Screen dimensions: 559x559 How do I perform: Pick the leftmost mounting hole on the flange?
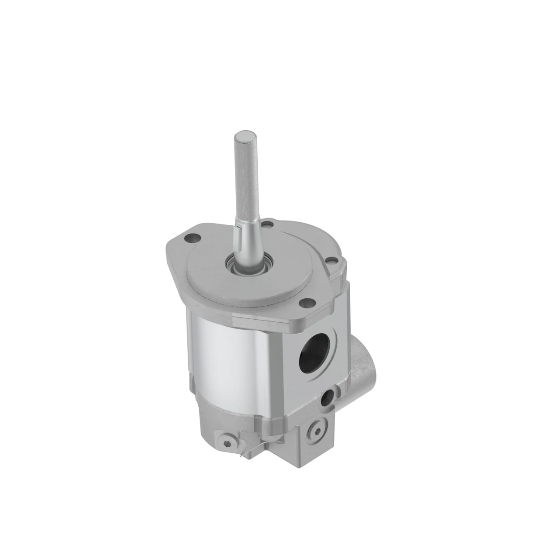[x=190, y=239]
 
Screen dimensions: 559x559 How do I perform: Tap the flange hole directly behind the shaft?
[x=269, y=226]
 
